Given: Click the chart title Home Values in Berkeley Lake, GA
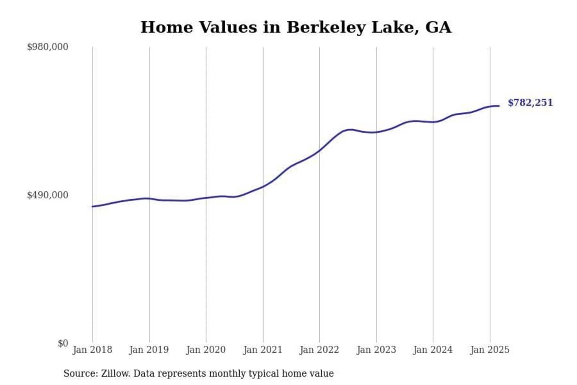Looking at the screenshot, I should point(296,27).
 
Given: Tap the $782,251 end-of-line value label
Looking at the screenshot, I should point(530,103).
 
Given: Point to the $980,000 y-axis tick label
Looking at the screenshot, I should point(47,47).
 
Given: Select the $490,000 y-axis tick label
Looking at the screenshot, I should point(47,195).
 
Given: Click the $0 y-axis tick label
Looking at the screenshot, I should point(63,343).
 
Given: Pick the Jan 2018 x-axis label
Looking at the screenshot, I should point(92,350).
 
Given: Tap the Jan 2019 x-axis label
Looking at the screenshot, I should point(149,350).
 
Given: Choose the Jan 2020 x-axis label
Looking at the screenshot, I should point(206,350).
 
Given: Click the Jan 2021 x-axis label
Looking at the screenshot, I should point(263,350).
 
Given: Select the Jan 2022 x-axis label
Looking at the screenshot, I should point(319,350).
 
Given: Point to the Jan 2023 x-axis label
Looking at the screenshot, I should point(376,350).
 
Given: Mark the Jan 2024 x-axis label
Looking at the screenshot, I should point(433,350).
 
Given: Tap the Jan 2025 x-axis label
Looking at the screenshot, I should point(490,350).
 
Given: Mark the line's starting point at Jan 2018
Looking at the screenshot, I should point(93,207).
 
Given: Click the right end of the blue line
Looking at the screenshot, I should point(499,106).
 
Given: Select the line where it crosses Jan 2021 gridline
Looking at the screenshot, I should point(263,186).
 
